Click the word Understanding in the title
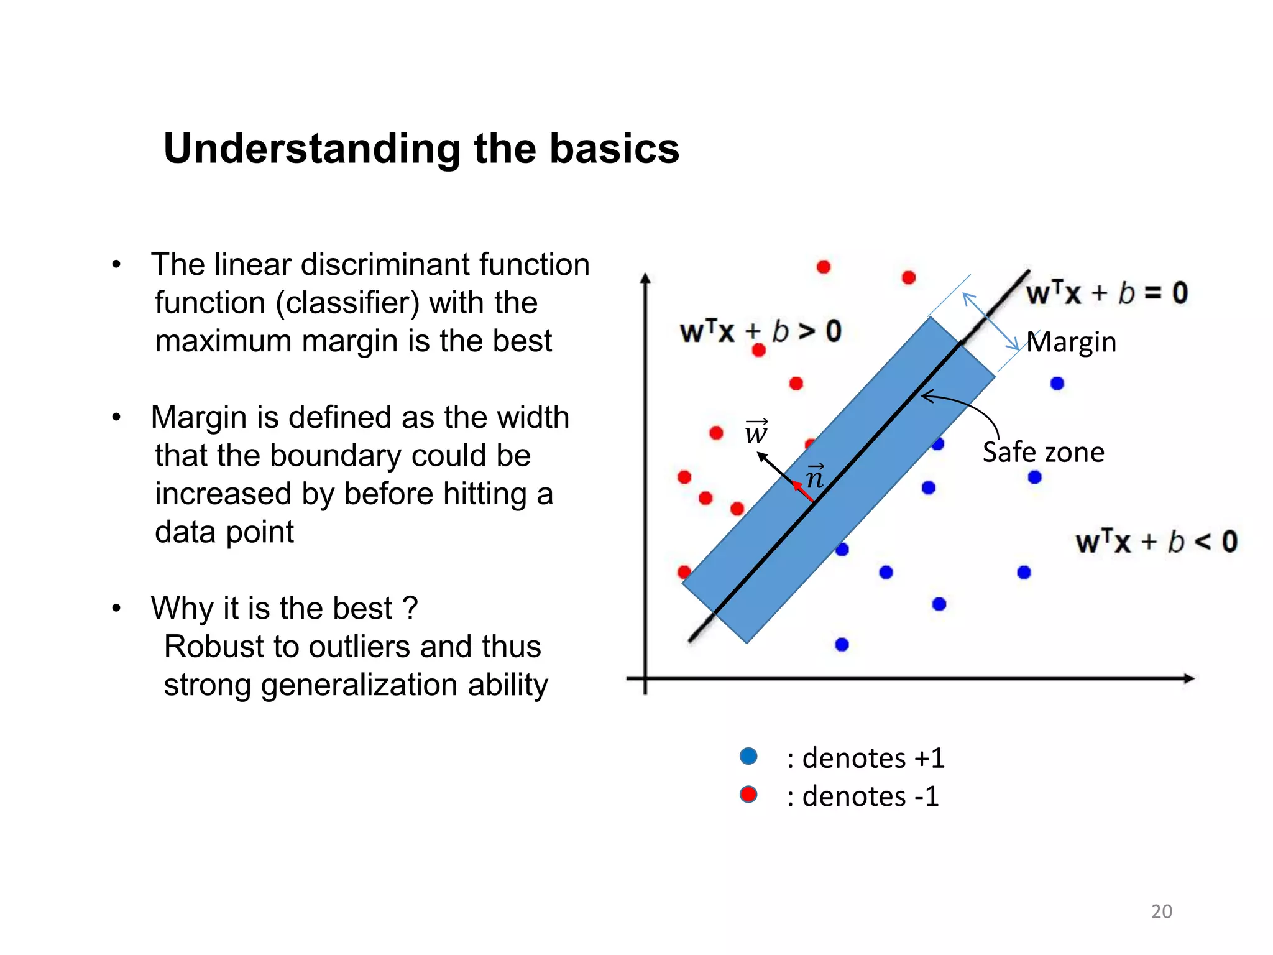coord(311,150)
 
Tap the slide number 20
coord(1161,911)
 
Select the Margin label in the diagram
coord(1071,342)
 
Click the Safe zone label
coord(1043,452)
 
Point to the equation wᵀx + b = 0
coord(1106,293)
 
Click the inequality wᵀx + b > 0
coord(760,331)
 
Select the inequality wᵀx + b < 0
coord(1156,542)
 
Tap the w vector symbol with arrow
coord(756,431)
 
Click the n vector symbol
coord(815,477)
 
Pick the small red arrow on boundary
coord(803,491)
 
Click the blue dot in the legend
coord(748,756)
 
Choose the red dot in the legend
coord(748,795)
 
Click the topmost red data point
coord(824,267)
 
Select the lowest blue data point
coord(842,644)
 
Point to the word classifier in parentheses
coord(348,303)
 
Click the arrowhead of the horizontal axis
coord(1188,678)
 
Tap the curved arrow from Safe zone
coord(970,407)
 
